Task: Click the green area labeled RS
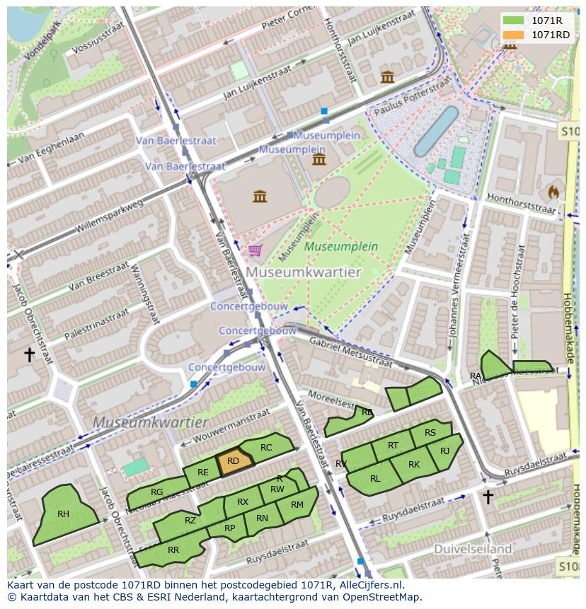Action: click(x=430, y=433)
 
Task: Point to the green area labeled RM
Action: click(x=297, y=505)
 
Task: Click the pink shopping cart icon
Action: click(x=254, y=250)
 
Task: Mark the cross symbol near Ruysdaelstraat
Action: click(x=488, y=497)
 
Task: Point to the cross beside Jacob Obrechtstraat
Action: click(x=29, y=354)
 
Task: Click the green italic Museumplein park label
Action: click(x=341, y=247)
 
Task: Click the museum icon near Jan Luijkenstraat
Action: click(x=387, y=77)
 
